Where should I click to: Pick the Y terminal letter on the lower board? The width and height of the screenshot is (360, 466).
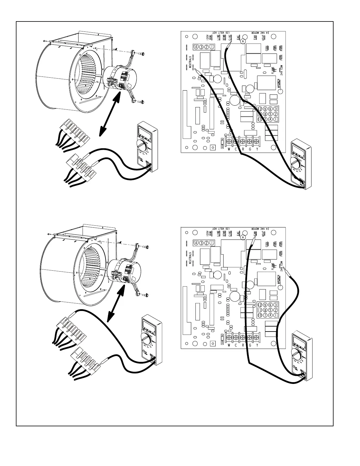[x=257, y=345]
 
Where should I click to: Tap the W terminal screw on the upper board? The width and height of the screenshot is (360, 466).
[x=229, y=141]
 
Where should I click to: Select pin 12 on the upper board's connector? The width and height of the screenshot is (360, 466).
[x=260, y=109]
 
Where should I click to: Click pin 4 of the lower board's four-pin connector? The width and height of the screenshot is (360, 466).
[x=196, y=243]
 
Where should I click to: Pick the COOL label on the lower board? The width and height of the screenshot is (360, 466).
[x=267, y=245]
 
